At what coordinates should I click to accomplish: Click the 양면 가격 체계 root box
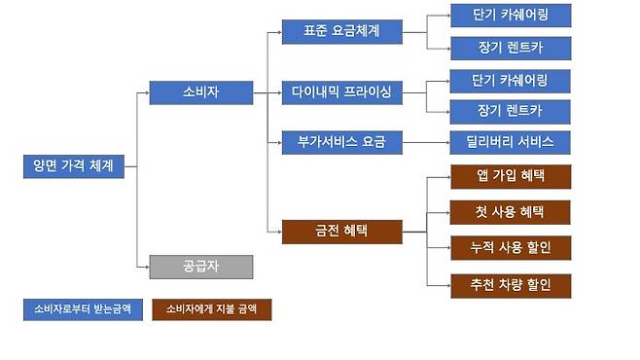74,165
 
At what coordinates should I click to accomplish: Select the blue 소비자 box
200,92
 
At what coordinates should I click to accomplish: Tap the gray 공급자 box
200,265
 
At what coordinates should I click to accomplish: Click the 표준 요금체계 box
340,31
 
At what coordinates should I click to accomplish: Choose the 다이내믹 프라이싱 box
340,92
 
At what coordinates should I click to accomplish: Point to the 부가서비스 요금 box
340,142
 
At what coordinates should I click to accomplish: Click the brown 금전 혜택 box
340,232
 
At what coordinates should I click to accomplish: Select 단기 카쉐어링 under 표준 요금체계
511,16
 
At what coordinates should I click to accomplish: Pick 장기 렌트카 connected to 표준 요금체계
511,47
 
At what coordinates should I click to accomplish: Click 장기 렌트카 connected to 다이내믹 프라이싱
511,110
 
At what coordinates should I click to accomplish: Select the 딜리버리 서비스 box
511,142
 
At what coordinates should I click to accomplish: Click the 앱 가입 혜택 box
511,176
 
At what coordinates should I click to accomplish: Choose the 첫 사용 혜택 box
511,211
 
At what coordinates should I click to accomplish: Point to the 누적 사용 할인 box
511,247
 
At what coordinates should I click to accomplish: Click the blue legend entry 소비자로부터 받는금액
82,309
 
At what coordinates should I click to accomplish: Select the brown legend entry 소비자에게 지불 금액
212,309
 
